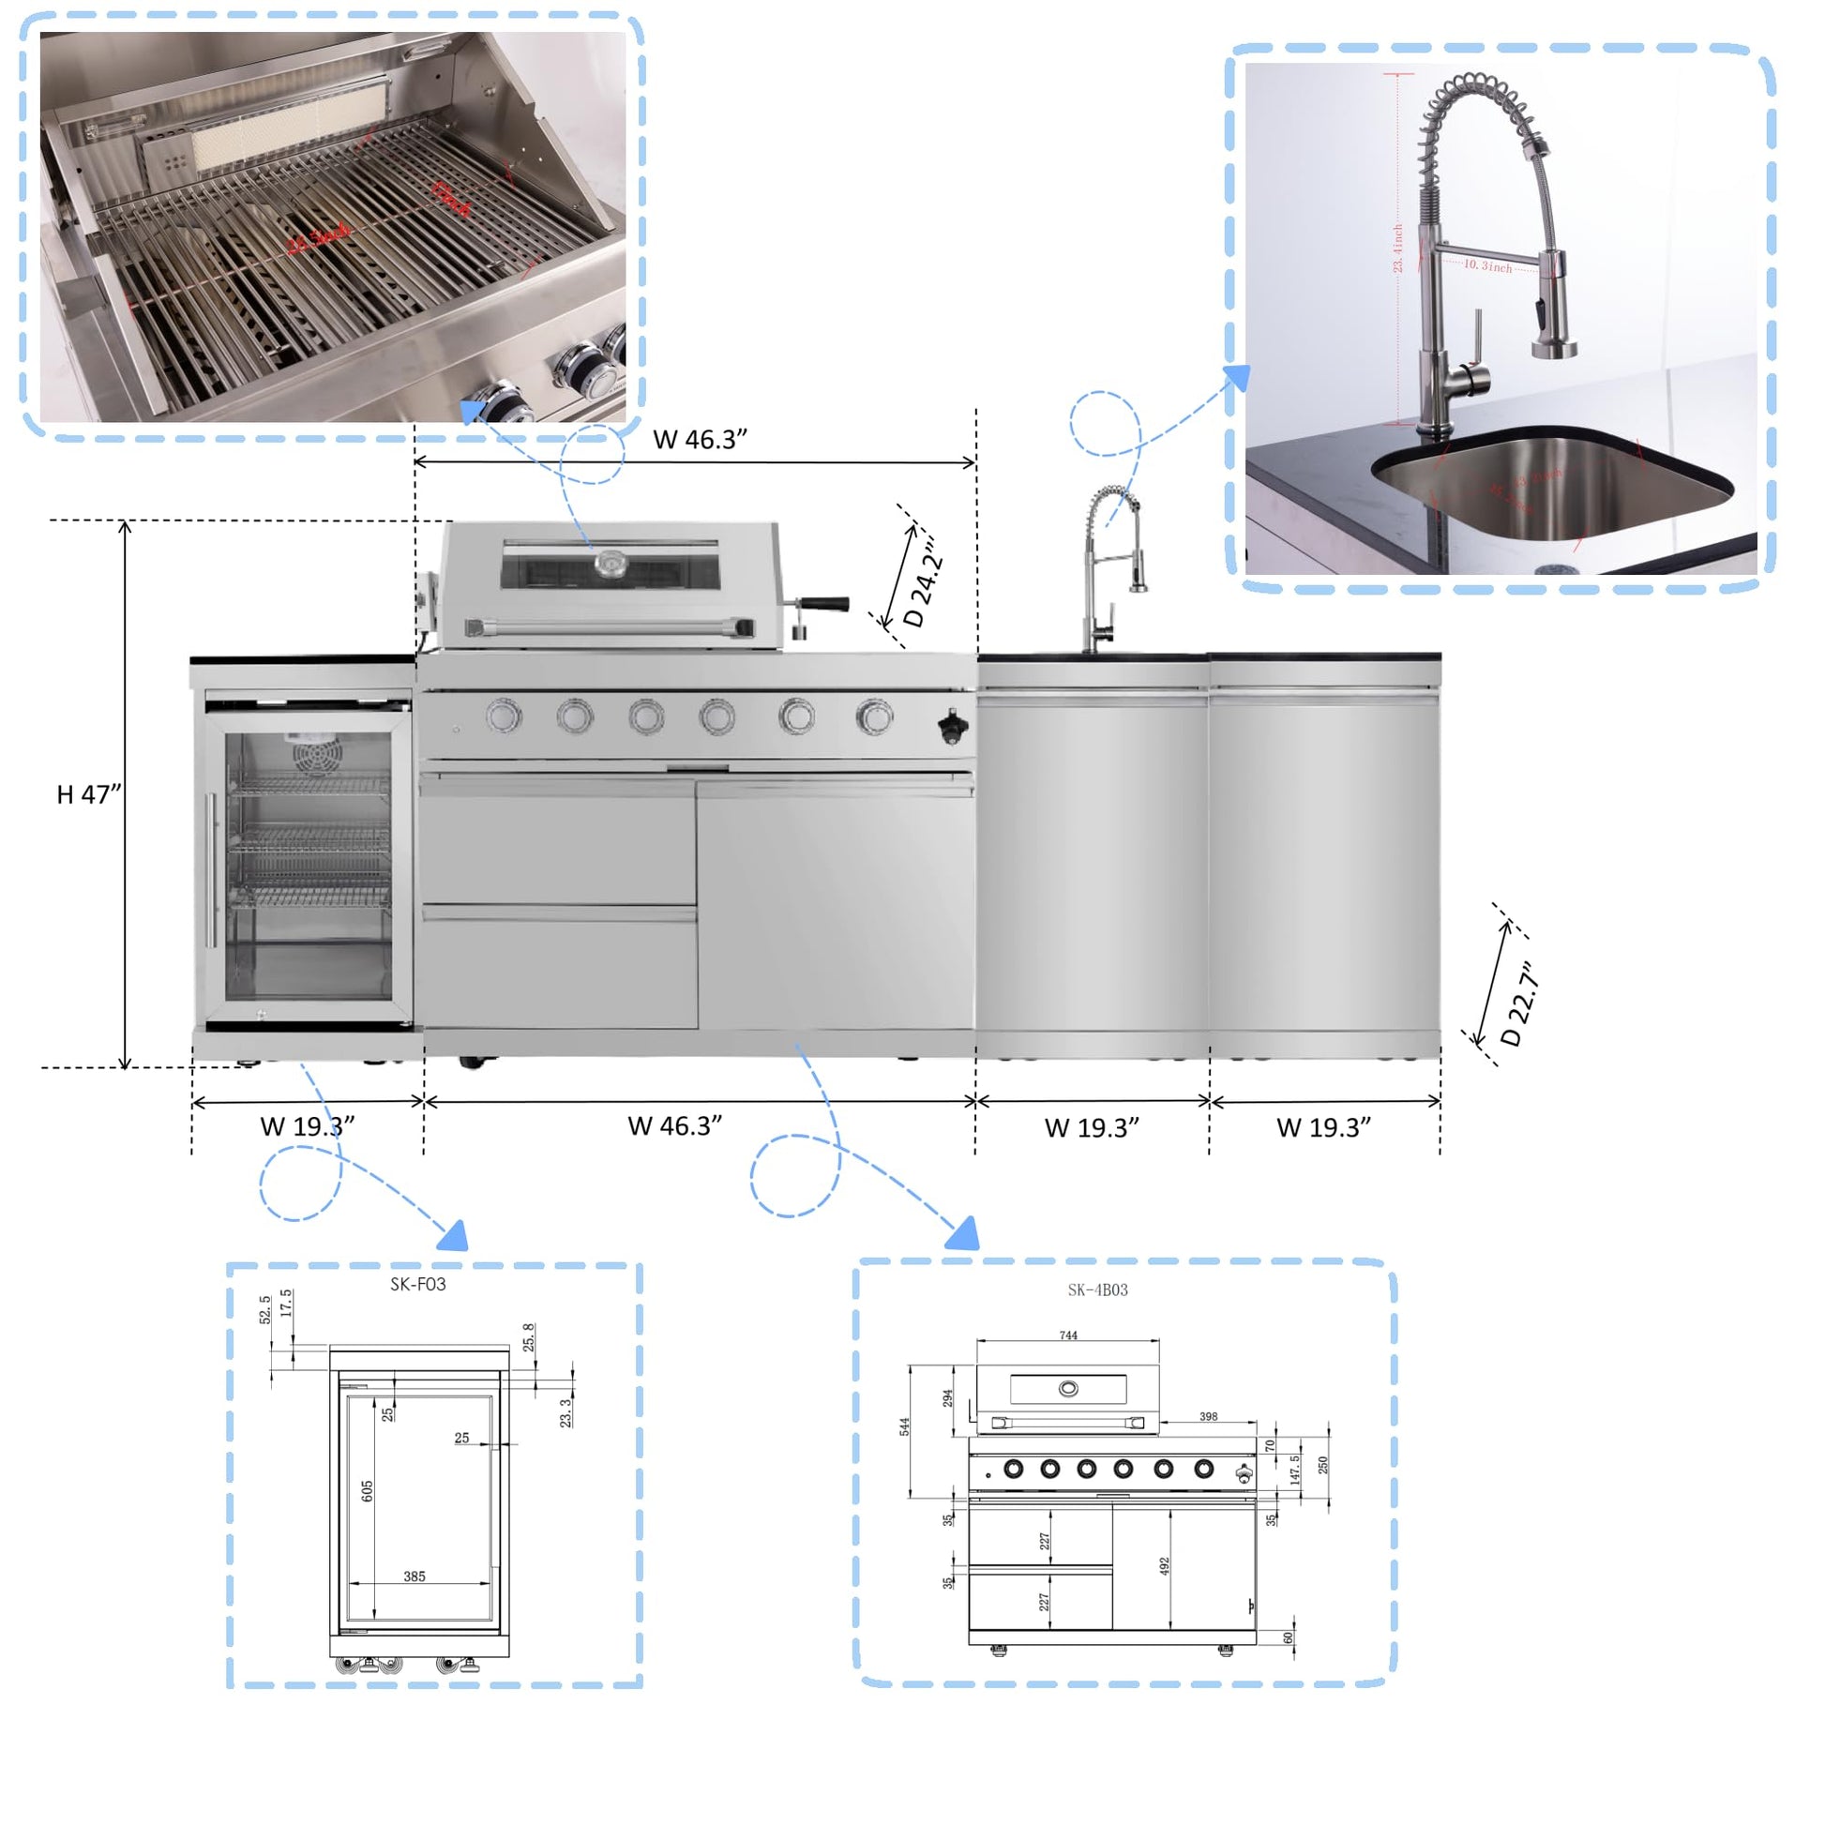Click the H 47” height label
pyautogui.click(x=89, y=794)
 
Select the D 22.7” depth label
pyautogui.click(x=1520, y=1004)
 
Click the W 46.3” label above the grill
pyautogui.click(x=700, y=439)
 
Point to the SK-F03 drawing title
pyautogui.click(x=417, y=1284)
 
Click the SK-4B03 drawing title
pyautogui.click(x=1097, y=1290)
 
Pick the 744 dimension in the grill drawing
pyautogui.click(x=1068, y=1335)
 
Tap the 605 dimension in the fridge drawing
pyautogui.click(x=368, y=1490)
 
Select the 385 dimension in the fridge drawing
pyautogui.click(x=414, y=1576)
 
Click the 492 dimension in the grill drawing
pyautogui.click(x=1165, y=1565)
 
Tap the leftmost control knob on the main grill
pyautogui.click(x=504, y=716)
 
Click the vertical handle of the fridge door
pyautogui.click(x=212, y=869)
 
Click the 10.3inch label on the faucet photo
pyautogui.click(x=1487, y=266)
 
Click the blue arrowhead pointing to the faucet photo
pyautogui.click(x=1235, y=378)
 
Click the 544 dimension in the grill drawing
pyautogui.click(x=904, y=1426)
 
